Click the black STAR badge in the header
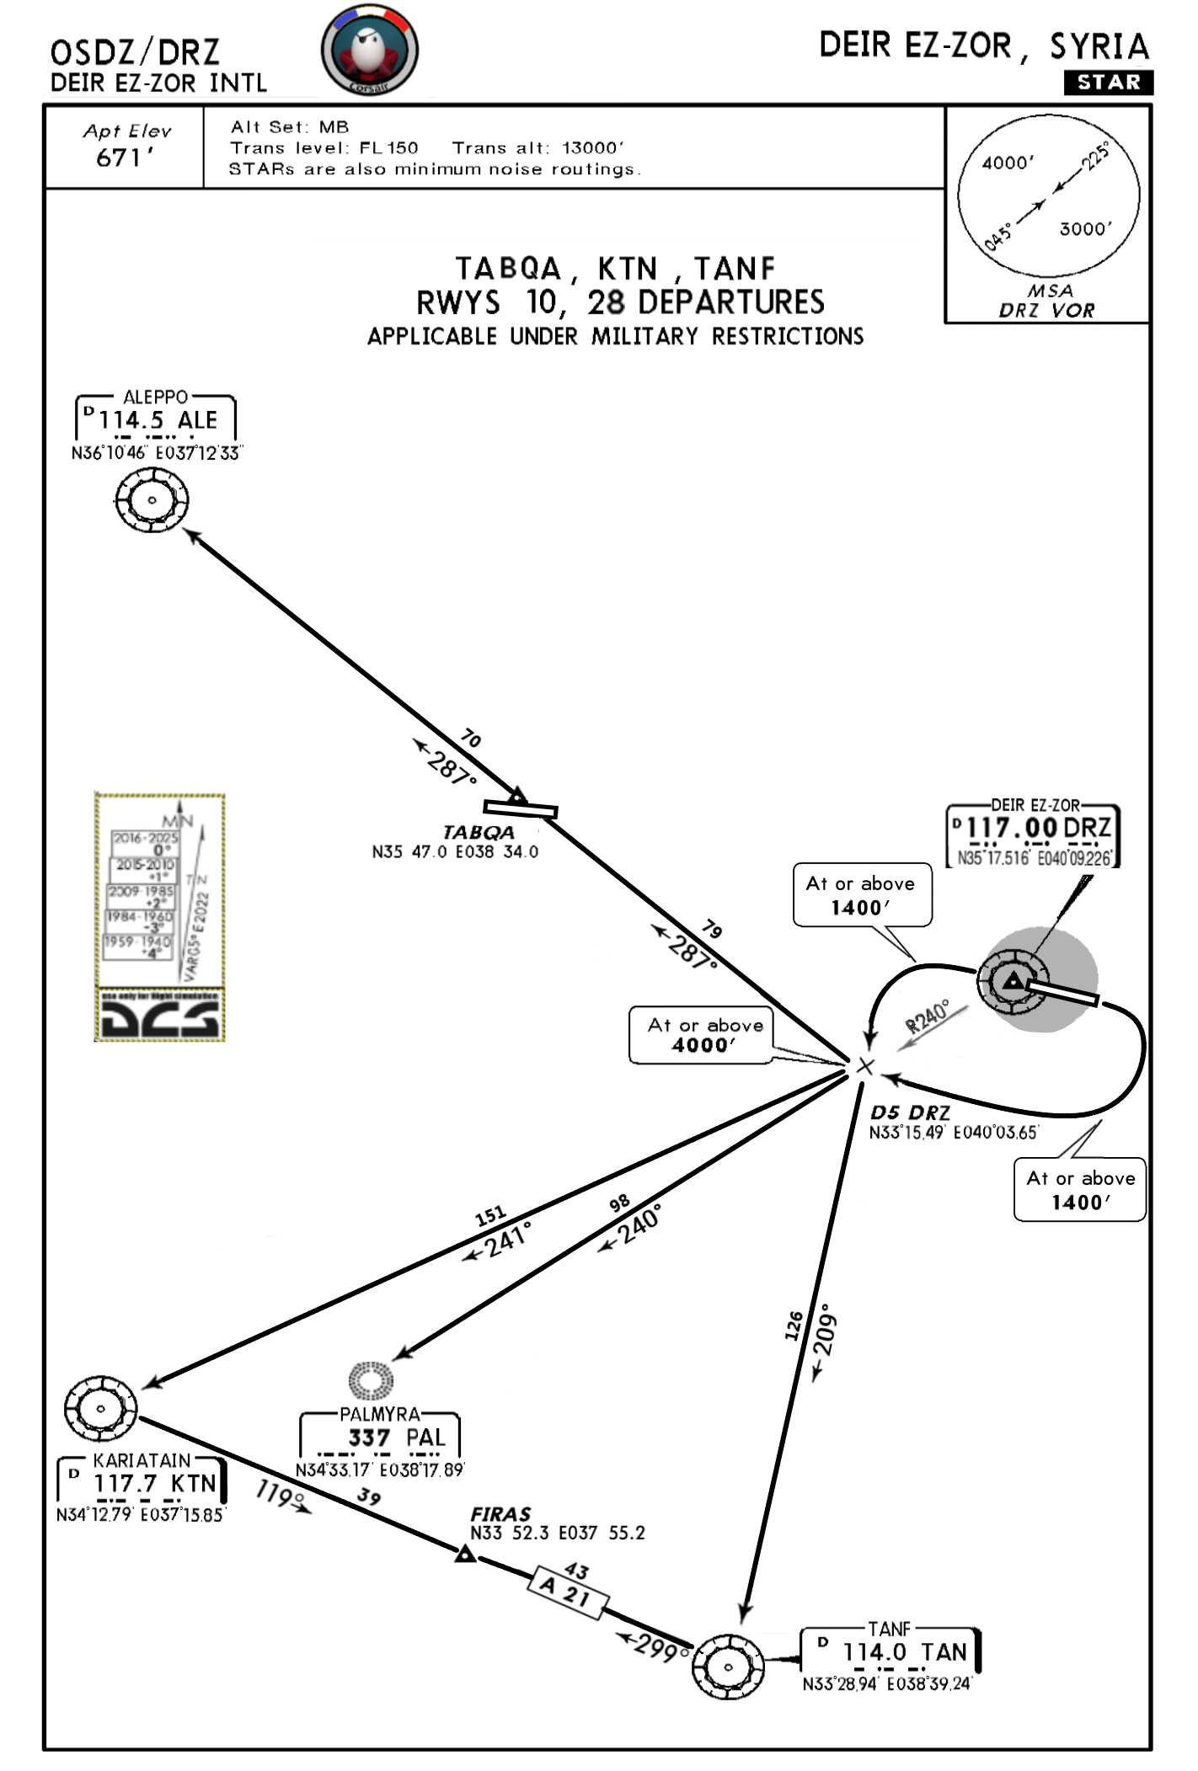point(1108,83)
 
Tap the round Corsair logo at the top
point(369,50)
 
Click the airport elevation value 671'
point(125,157)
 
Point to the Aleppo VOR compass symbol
point(152,500)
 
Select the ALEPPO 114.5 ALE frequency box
point(157,419)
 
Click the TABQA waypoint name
point(479,832)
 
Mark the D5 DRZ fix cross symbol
point(865,1067)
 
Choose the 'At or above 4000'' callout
point(705,1035)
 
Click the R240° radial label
point(927,1016)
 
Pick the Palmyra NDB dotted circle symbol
point(372,1380)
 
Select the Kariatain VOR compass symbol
point(101,1408)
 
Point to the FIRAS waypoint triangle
point(464,1554)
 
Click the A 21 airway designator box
point(568,1592)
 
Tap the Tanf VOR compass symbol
point(729,1667)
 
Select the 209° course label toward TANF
point(825,1331)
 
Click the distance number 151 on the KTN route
point(490,1215)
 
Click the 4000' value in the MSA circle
point(1008,163)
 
